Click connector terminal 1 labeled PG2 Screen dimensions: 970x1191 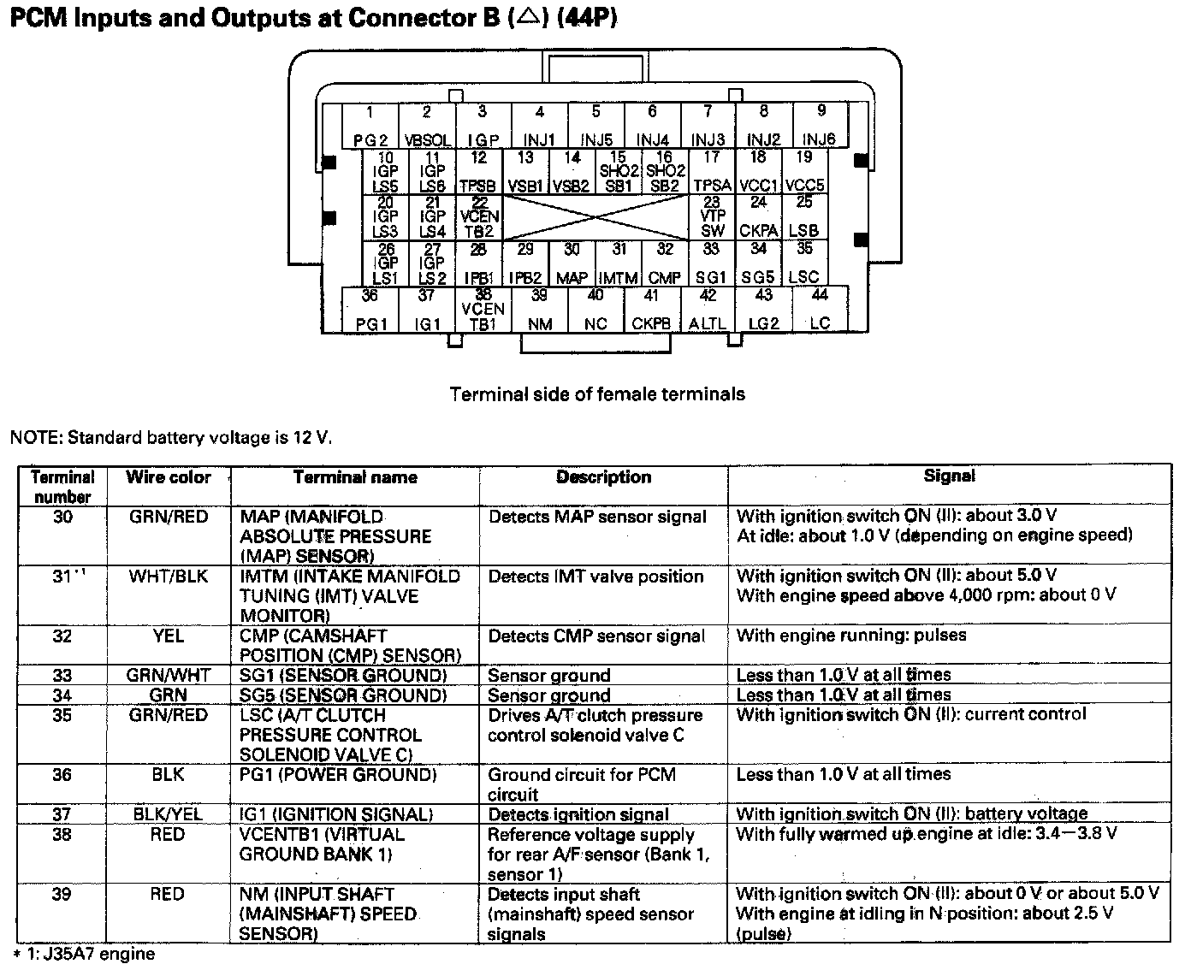coord(370,126)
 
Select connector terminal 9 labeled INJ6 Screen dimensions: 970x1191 coord(820,126)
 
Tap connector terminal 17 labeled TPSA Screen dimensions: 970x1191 coord(712,171)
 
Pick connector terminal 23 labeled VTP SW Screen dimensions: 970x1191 coord(712,216)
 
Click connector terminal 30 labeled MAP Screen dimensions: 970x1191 coord(572,263)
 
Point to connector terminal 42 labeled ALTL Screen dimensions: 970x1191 coord(708,310)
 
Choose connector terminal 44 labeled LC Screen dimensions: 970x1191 coord(820,310)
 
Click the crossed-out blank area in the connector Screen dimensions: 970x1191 coord(595,217)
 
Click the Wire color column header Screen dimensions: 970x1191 coord(169,477)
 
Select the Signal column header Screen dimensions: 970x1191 coord(949,476)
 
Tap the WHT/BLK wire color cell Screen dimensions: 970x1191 coord(169,577)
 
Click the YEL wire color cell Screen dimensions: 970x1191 coord(169,636)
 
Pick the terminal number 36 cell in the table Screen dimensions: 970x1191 coord(62,775)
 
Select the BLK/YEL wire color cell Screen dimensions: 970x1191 coord(169,814)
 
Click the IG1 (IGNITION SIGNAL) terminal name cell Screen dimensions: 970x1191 coord(336,814)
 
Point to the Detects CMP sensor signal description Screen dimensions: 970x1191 coord(596,636)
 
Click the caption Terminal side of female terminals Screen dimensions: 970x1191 coord(597,394)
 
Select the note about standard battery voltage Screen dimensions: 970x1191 coord(170,438)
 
